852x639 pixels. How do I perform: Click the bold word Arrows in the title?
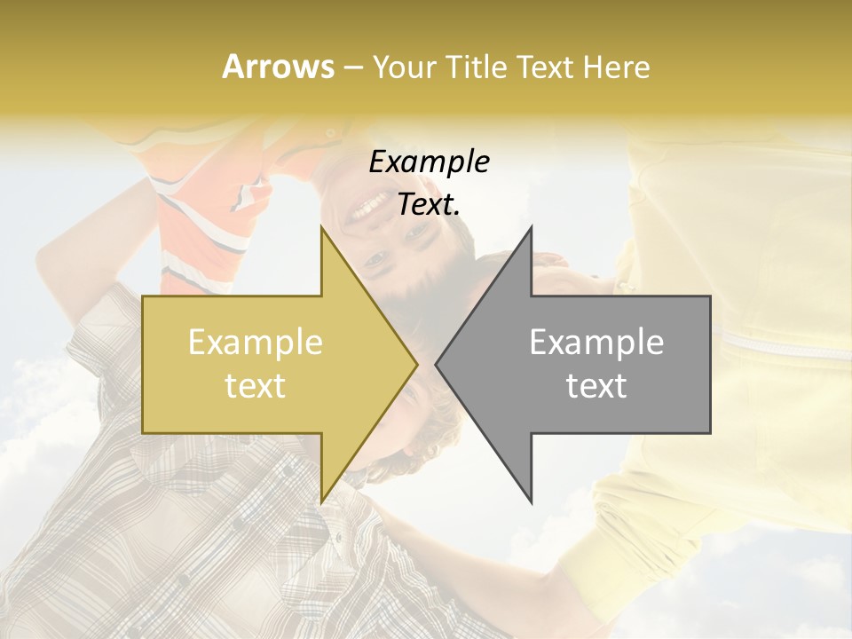[x=278, y=67]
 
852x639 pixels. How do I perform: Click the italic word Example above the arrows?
[x=429, y=162]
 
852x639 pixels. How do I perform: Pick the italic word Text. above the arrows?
[x=429, y=205]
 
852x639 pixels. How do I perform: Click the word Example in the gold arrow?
[x=256, y=343]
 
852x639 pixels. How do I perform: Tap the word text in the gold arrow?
[x=256, y=386]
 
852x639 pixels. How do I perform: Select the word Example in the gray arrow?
[x=596, y=343]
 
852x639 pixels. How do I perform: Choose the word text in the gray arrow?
[x=596, y=386]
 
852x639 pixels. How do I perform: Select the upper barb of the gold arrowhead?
[x=324, y=233]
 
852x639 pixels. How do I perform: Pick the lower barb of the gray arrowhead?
[x=530, y=497]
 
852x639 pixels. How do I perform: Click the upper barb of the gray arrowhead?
[x=530, y=233]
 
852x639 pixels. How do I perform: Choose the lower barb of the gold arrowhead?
[x=324, y=497]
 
